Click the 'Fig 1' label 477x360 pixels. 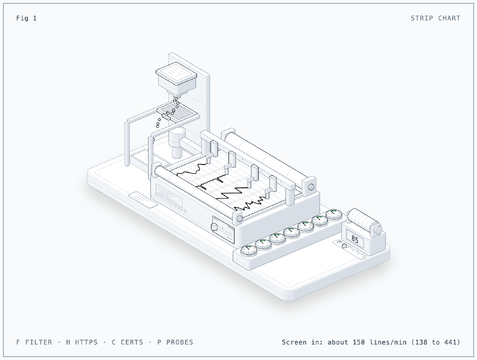click(x=27, y=18)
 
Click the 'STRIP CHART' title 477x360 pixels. click(x=435, y=18)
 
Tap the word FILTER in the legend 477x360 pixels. click(x=39, y=342)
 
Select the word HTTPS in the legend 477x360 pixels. click(x=86, y=342)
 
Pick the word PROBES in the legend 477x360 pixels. click(x=180, y=342)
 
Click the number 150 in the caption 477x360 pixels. click(x=359, y=342)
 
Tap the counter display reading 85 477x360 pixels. click(x=355, y=239)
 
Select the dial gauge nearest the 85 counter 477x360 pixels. click(x=334, y=215)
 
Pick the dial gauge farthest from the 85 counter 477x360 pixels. click(x=249, y=250)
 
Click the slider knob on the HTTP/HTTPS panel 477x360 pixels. click(x=214, y=227)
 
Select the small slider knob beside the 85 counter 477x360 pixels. click(x=344, y=246)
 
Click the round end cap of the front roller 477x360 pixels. click(x=239, y=218)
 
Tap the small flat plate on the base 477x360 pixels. click(x=143, y=199)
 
